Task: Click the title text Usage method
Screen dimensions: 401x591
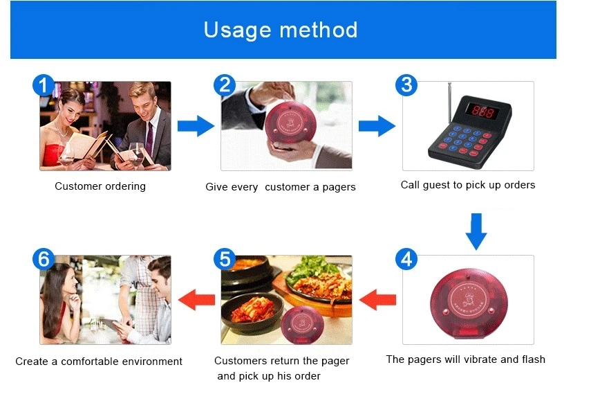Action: (281, 30)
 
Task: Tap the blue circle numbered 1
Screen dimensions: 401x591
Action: (44, 86)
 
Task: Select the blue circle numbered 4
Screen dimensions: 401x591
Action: (406, 259)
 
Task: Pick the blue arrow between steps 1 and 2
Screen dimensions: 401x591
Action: (196, 126)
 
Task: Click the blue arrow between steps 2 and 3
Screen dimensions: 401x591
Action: (377, 126)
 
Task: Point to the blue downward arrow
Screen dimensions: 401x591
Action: (476, 231)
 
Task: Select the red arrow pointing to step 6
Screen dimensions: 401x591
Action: (196, 300)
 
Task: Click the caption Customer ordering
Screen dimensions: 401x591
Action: (100, 186)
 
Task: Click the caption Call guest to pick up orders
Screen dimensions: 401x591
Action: (468, 185)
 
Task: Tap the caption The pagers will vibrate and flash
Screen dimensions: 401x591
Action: (465, 359)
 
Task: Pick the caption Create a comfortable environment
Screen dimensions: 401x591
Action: (99, 362)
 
